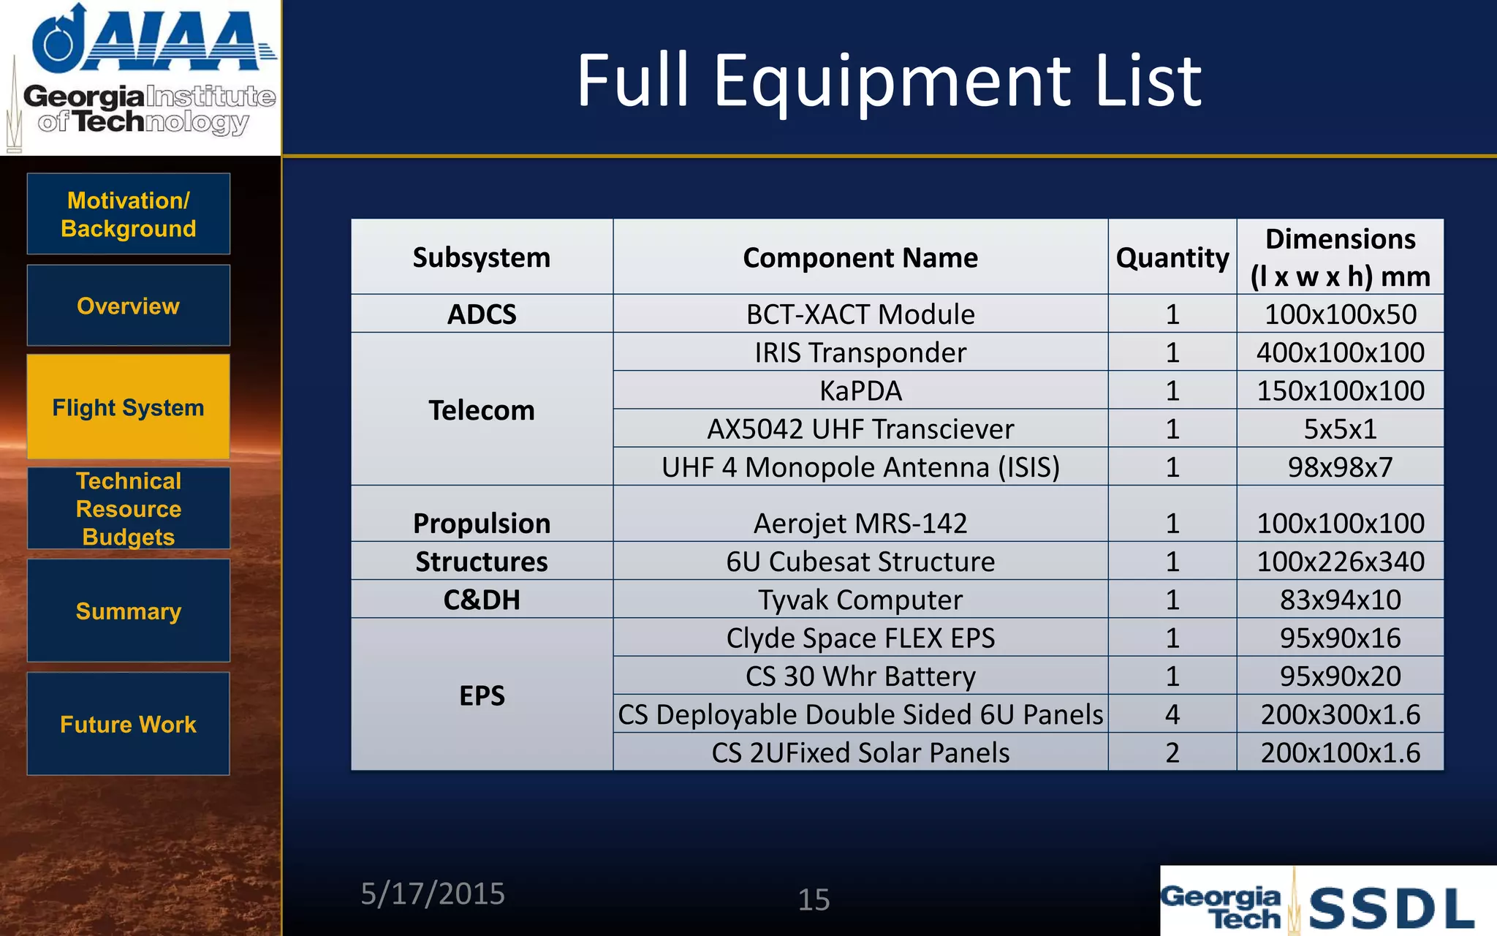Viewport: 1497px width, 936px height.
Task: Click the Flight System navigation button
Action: point(128,407)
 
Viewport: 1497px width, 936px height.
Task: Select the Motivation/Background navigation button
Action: point(128,214)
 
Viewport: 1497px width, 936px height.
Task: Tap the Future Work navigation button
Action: point(128,724)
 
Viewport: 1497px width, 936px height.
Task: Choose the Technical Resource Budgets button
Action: point(128,509)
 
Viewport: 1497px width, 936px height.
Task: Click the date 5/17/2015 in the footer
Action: point(433,894)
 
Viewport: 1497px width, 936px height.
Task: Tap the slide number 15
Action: point(814,899)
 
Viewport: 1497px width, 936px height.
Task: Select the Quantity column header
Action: point(1172,257)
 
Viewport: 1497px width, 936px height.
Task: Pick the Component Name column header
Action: point(860,257)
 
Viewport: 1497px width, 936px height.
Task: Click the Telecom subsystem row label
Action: point(482,410)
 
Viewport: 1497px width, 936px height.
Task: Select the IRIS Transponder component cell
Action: point(860,352)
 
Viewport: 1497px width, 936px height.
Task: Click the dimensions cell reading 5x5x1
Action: point(1340,429)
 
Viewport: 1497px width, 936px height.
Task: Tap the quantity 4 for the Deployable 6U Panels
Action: point(1172,714)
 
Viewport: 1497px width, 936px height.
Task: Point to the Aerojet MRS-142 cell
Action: point(860,523)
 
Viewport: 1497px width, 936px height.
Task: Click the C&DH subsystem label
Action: point(482,600)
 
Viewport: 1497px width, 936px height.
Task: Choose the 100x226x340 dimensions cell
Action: point(1340,562)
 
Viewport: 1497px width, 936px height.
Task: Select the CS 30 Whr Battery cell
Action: point(860,676)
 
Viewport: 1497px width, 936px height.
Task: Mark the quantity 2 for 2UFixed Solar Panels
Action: point(1172,752)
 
